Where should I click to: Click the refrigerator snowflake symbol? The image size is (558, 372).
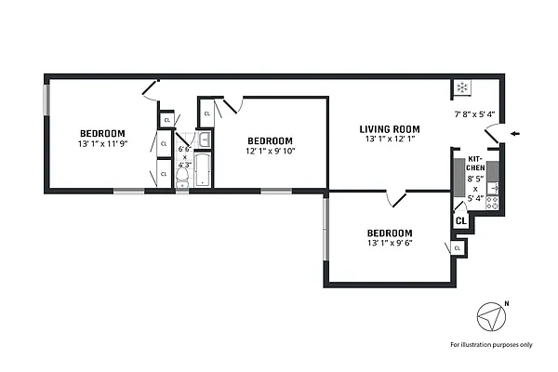[462, 88]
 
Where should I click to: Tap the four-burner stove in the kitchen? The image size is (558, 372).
[492, 201]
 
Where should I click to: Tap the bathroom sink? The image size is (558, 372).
[205, 140]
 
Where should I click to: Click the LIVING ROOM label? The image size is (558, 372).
[391, 129]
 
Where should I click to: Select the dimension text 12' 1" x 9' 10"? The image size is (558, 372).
[270, 151]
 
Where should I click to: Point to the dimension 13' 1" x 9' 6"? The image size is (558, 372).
[389, 244]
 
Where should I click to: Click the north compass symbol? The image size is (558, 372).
[490, 318]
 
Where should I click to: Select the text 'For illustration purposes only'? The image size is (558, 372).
[491, 345]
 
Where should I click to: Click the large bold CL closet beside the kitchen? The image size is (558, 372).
[459, 220]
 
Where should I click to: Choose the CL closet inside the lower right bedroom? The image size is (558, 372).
[458, 248]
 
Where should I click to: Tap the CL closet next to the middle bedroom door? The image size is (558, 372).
[206, 112]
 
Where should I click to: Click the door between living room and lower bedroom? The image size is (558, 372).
[397, 198]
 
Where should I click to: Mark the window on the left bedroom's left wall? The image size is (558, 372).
[46, 100]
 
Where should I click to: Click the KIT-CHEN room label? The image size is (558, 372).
[475, 163]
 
